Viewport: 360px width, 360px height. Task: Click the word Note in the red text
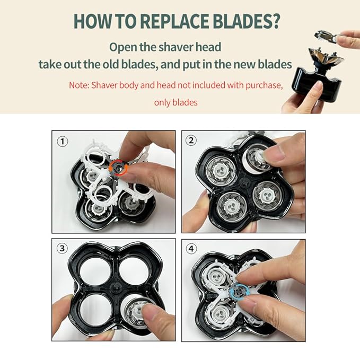pyautogui.click(x=79, y=85)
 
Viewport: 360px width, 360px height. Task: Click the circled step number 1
pyautogui.click(x=63, y=142)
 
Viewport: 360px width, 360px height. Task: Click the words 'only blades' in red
pyautogui.click(x=175, y=102)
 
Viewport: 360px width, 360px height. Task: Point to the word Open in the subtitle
pyautogui.click(x=122, y=46)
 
